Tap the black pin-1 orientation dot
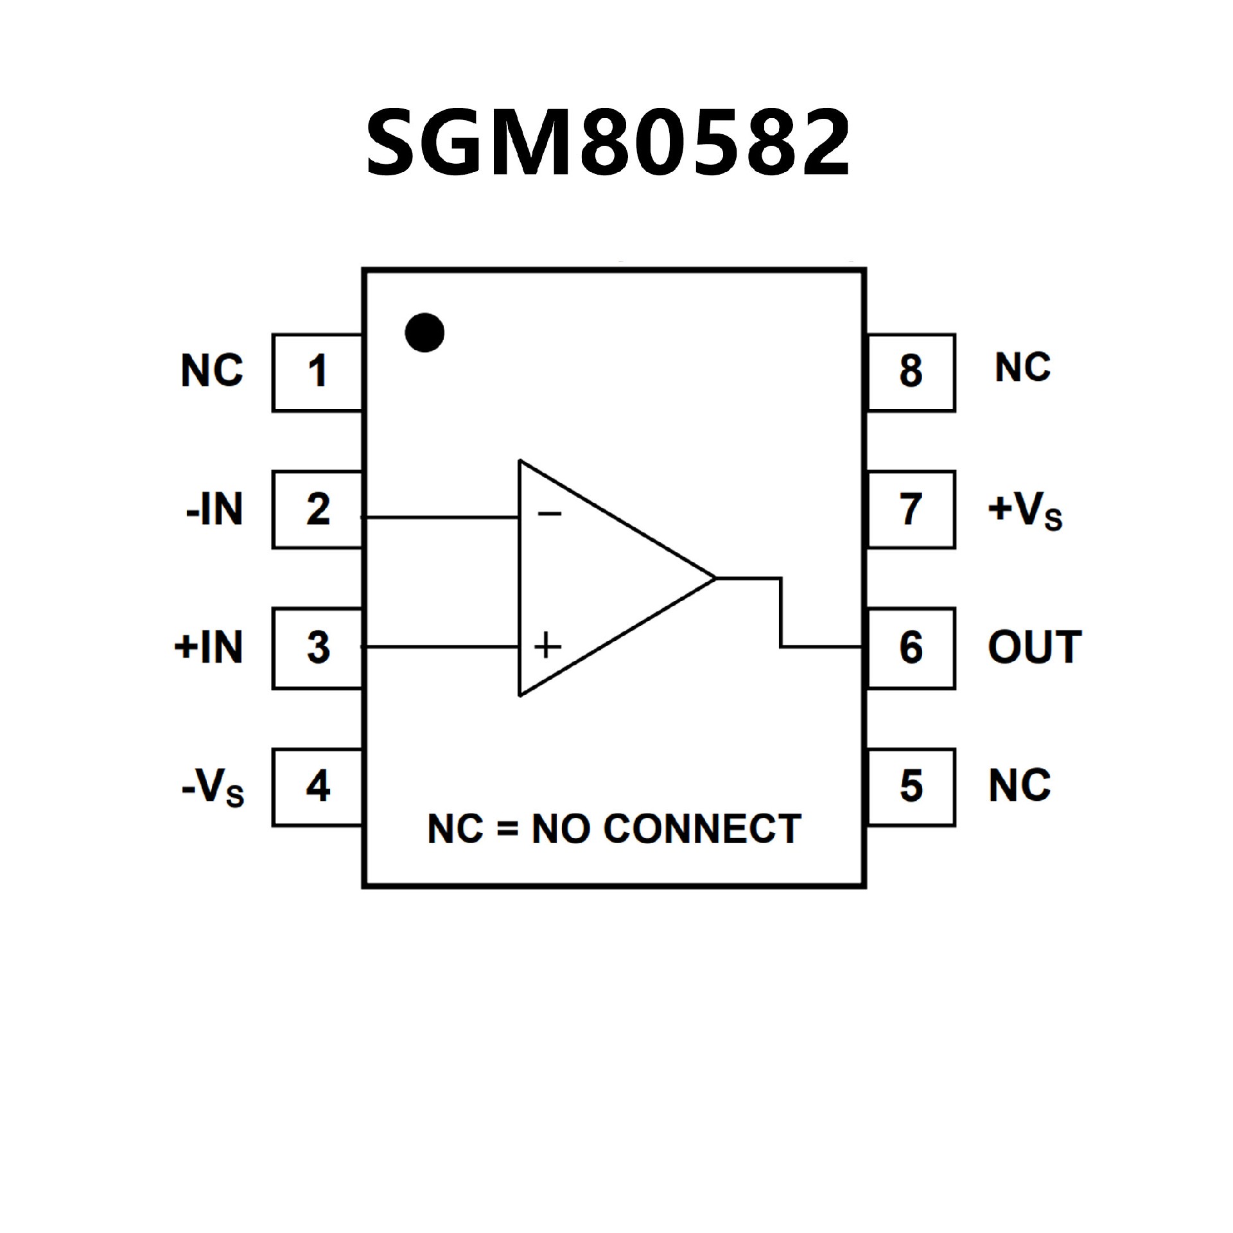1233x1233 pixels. point(424,333)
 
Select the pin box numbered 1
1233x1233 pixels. point(317,372)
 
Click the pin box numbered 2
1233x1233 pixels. point(317,509)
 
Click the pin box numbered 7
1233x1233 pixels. point(911,509)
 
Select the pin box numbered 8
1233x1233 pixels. point(911,372)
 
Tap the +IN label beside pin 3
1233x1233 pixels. point(209,647)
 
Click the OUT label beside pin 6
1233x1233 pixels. point(1035,647)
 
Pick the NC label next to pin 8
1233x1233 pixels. point(1022,368)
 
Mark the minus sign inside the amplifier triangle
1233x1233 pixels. point(550,513)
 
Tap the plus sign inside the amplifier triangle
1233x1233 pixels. point(547,645)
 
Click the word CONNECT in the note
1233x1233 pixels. point(702,829)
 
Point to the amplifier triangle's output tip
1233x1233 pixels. point(714,578)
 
